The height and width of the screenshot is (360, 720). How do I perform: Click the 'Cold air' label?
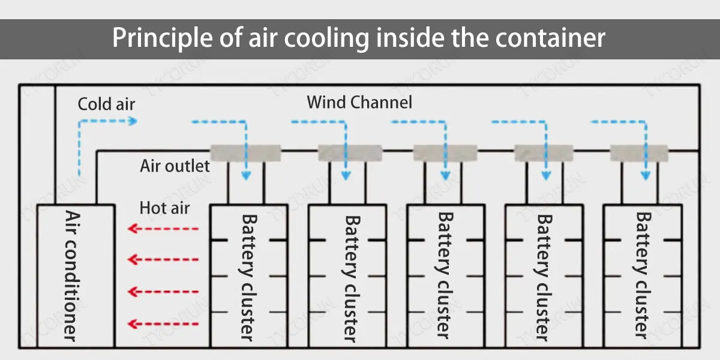pos(106,104)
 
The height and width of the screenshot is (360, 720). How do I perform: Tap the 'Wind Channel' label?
pos(359,102)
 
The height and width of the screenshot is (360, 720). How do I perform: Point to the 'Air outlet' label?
pos(175,166)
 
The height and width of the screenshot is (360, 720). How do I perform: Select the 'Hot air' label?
pos(164,208)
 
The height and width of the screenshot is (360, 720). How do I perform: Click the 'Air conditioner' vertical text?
pos(71,276)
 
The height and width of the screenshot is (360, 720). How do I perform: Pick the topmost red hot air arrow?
pos(163,229)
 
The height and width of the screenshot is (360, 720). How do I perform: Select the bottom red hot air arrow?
pos(163,325)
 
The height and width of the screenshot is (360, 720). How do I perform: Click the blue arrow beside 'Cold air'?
pos(107,122)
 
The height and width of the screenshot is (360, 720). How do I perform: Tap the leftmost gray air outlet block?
pos(245,153)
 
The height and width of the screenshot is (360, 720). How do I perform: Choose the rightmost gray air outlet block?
pos(639,153)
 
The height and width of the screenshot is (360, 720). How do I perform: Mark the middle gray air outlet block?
pos(445,153)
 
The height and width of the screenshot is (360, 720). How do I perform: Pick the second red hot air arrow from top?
pos(163,259)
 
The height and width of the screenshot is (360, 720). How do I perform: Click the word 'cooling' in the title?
pos(325,38)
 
